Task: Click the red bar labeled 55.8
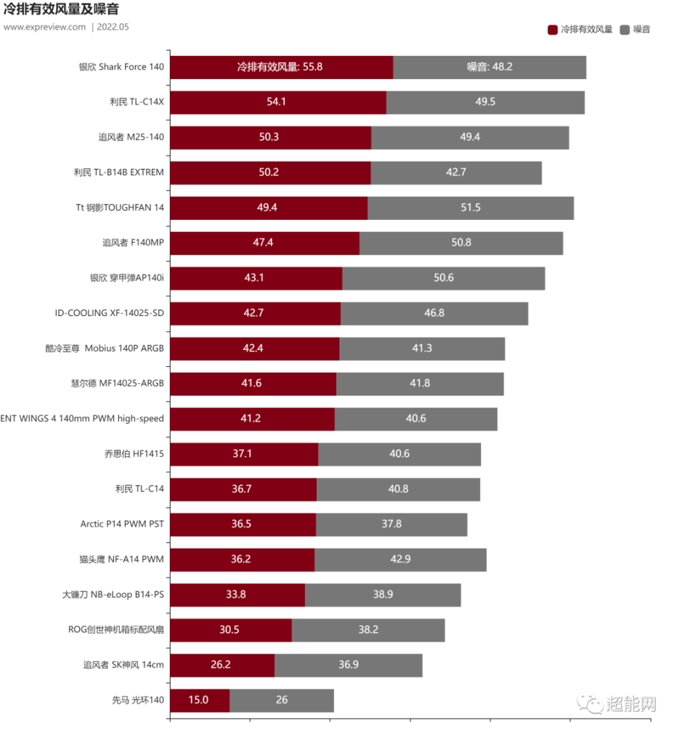[281, 67]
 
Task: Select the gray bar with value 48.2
[490, 67]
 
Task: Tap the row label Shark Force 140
[122, 67]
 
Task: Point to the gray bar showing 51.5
[470, 208]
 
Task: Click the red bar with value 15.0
[199, 700]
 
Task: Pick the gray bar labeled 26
[282, 700]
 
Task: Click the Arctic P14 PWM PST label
[122, 524]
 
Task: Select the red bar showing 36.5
[243, 524]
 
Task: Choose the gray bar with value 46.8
[434, 313]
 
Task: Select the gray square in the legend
[624, 30]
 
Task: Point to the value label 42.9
[400, 559]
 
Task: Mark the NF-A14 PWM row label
[122, 559]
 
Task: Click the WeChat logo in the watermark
[589, 702]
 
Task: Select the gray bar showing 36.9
[349, 665]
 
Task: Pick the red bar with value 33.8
[237, 595]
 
